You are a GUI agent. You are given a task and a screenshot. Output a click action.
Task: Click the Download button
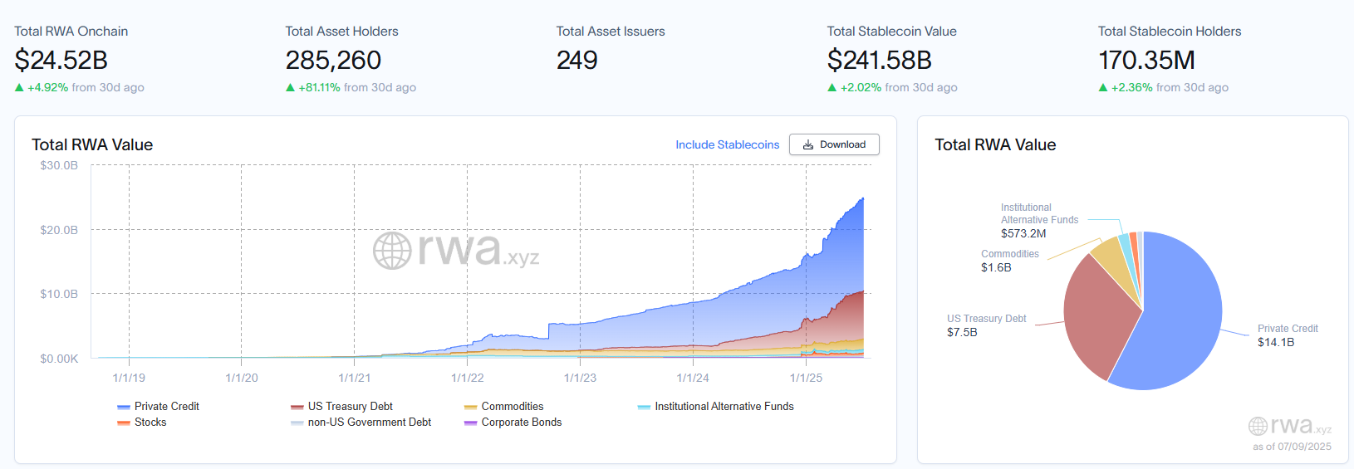coord(834,144)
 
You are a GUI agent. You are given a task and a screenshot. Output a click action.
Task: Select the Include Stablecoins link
coord(727,144)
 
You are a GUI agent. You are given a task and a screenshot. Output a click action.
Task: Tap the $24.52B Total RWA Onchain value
coord(61,60)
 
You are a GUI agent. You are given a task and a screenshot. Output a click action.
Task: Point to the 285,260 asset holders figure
coord(333,60)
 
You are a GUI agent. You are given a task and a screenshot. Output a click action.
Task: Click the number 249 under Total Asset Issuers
coord(576,60)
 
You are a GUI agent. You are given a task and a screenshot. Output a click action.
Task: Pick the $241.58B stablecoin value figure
coord(879,60)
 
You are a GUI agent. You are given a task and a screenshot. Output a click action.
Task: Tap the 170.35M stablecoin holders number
coord(1146,60)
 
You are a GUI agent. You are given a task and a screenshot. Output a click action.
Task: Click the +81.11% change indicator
coord(319,87)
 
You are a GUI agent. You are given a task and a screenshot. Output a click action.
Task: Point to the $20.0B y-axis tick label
coord(59,230)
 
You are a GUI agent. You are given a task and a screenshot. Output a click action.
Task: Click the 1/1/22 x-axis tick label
coord(467,378)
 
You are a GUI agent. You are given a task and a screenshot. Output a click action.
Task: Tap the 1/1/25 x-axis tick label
coord(806,378)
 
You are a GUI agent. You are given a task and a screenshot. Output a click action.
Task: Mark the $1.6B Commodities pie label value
coord(996,267)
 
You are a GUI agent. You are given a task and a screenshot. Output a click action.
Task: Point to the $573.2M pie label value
coord(1023,233)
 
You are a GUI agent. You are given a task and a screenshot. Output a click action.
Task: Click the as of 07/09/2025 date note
coord(1292,447)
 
